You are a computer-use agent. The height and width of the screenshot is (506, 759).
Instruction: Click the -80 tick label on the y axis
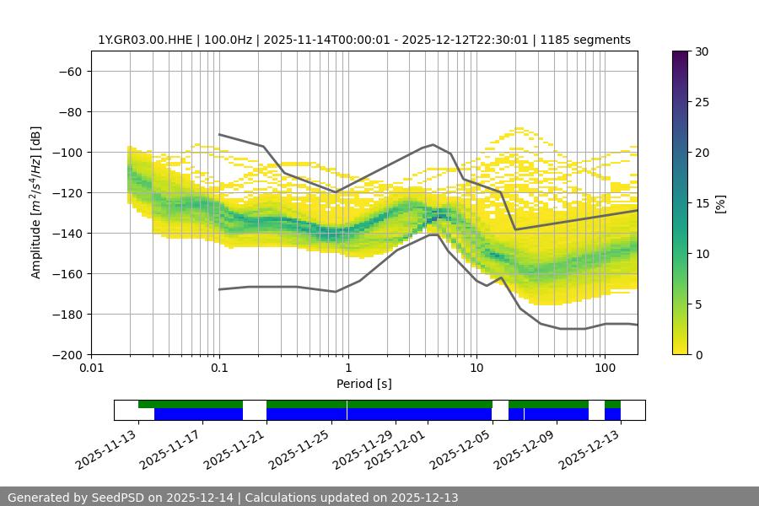coord(68,111)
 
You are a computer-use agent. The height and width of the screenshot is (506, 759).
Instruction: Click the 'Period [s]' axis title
coord(364,384)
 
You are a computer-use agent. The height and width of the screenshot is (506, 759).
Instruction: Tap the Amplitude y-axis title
coord(36,202)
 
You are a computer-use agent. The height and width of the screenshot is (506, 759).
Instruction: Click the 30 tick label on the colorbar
coord(702,51)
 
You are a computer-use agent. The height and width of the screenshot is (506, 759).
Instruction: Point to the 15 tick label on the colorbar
coord(702,203)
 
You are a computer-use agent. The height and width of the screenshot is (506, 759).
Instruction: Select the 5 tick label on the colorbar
coord(698,304)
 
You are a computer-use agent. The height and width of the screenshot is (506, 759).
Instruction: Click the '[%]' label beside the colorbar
coord(720,203)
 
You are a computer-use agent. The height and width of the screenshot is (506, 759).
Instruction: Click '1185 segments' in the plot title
coord(585,40)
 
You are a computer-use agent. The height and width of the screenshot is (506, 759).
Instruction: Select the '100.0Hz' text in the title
coord(227,40)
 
